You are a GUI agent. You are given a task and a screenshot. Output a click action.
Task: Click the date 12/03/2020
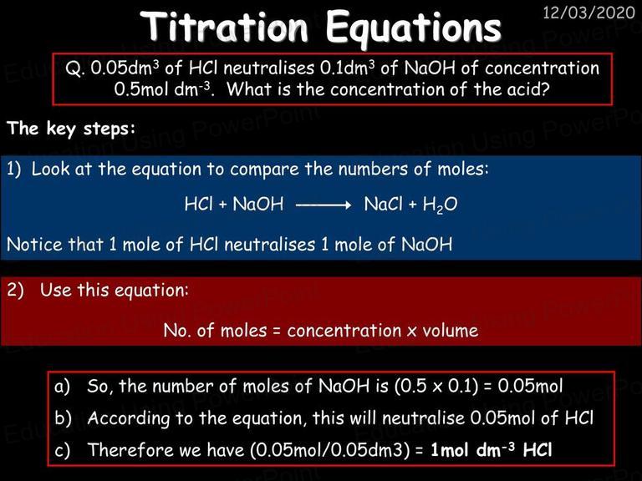(x=588, y=13)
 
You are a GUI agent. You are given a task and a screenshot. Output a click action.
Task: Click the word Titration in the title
(x=224, y=27)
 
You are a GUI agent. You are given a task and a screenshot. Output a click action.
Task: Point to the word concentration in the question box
(x=542, y=68)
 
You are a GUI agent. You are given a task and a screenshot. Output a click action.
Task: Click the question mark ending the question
(x=543, y=89)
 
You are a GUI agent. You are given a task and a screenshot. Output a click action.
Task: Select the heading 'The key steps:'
(x=71, y=129)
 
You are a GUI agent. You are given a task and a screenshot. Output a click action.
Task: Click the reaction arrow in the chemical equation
(x=323, y=205)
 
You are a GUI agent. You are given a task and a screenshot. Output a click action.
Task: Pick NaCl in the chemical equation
(x=383, y=204)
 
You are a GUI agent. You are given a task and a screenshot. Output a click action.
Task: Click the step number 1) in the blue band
(x=14, y=170)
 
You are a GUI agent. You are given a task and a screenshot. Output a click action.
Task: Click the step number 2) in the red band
(x=16, y=290)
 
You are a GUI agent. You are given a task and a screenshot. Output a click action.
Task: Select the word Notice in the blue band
(x=35, y=245)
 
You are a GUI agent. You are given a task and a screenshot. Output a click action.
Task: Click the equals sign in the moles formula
(x=277, y=332)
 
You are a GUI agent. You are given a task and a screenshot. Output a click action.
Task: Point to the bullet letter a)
(x=62, y=386)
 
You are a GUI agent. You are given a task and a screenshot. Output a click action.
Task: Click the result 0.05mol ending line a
(x=530, y=386)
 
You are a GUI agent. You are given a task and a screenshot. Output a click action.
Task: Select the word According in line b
(x=129, y=418)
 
